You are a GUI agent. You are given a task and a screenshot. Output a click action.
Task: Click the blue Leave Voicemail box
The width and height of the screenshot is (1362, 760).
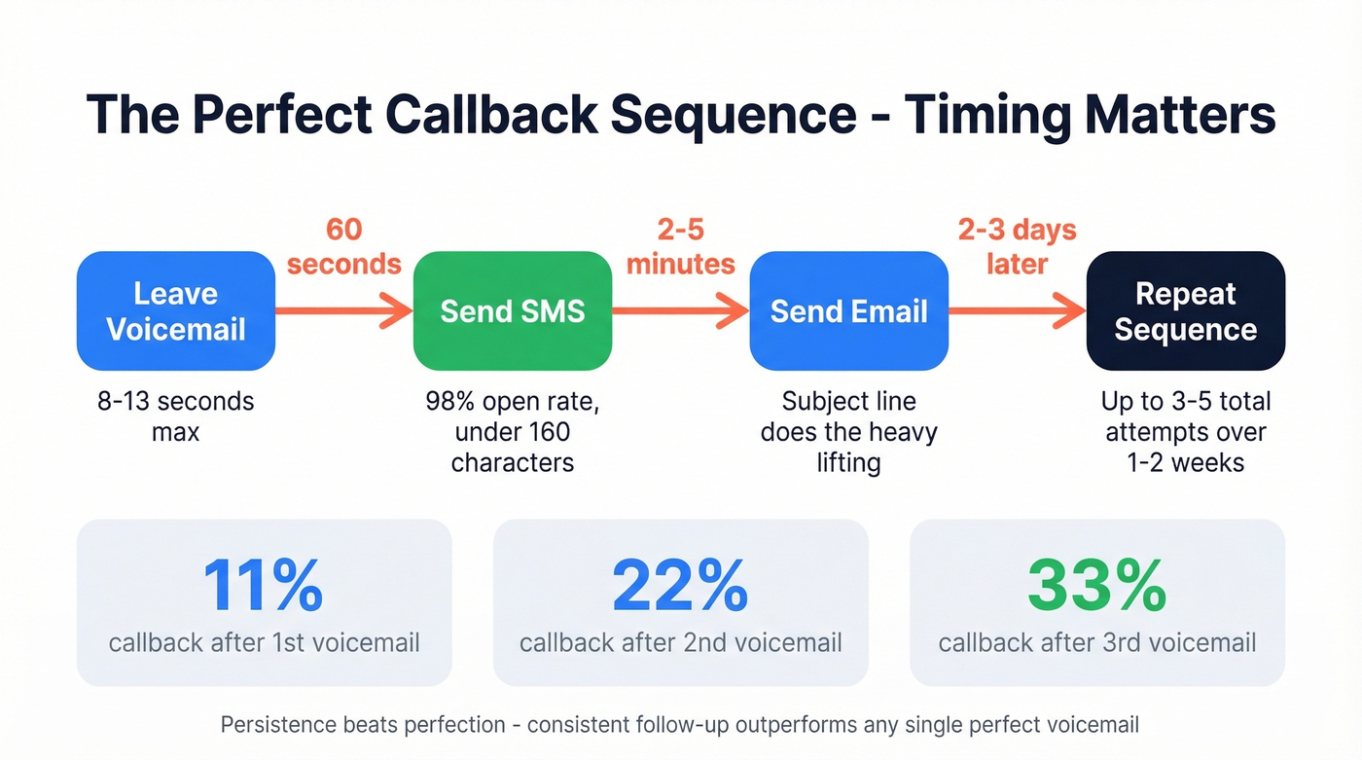pyautogui.click(x=176, y=311)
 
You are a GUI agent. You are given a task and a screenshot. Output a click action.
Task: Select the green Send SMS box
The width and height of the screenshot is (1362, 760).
pyautogui.click(x=513, y=311)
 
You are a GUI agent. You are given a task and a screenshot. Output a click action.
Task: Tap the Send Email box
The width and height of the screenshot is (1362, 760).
pyautogui.click(x=848, y=311)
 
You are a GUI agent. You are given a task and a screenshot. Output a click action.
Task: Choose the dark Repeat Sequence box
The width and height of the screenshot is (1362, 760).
pyautogui.click(x=1185, y=311)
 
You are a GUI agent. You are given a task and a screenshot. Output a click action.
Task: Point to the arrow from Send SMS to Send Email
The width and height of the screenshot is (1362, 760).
pyautogui.click(x=680, y=311)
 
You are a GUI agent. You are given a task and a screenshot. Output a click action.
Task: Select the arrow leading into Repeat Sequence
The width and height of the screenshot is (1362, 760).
pyautogui.click(x=1017, y=311)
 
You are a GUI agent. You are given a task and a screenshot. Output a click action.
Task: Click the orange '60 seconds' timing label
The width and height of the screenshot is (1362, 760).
pyautogui.click(x=344, y=246)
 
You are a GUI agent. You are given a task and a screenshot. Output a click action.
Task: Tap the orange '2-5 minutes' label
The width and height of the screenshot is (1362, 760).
pyautogui.click(x=681, y=246)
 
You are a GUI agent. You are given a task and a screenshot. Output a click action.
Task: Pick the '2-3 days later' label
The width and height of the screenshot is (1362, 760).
pyautogui.click(x=1017, y=246)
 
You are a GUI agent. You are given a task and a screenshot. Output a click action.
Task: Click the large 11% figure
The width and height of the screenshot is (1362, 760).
pyautogui.click(x=263, y=585)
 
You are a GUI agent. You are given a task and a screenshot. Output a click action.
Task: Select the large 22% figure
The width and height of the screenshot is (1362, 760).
pyautogui.click(x=680, y=585)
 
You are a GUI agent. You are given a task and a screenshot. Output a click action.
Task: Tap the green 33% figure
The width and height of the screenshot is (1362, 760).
pyautogui.click(x=1096, y=585)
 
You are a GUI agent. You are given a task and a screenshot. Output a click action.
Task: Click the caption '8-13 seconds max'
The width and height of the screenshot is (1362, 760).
pyautogui.click(x=176, y=416)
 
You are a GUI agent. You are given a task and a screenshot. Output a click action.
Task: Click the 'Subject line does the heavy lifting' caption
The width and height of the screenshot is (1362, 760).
pyautogui.click(x=848, y=431)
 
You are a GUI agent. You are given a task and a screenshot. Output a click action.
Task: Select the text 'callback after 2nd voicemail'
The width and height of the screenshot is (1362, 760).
pyautogui.click(x=680, y=642)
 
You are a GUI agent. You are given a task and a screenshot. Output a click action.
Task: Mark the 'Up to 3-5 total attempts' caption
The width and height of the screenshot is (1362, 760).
pyautogui.click(x=1185, y=431)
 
